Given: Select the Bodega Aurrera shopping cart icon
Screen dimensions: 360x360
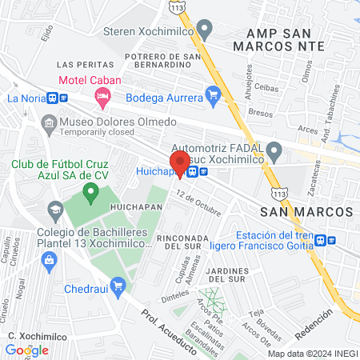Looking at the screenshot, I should [x=212, y=97].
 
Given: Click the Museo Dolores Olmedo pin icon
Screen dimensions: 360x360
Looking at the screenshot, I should [x=49, y=122].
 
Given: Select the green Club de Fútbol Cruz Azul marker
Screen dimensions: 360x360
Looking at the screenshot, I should [x=90, y=192].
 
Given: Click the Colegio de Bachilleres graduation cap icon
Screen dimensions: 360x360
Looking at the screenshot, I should [x=55, y=211].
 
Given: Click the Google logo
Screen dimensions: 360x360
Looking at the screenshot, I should [x=26, y=350].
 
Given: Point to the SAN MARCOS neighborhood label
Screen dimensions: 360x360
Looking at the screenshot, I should [x=306, y=210].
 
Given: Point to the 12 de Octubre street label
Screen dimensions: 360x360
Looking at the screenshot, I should [x=198, y=202].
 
